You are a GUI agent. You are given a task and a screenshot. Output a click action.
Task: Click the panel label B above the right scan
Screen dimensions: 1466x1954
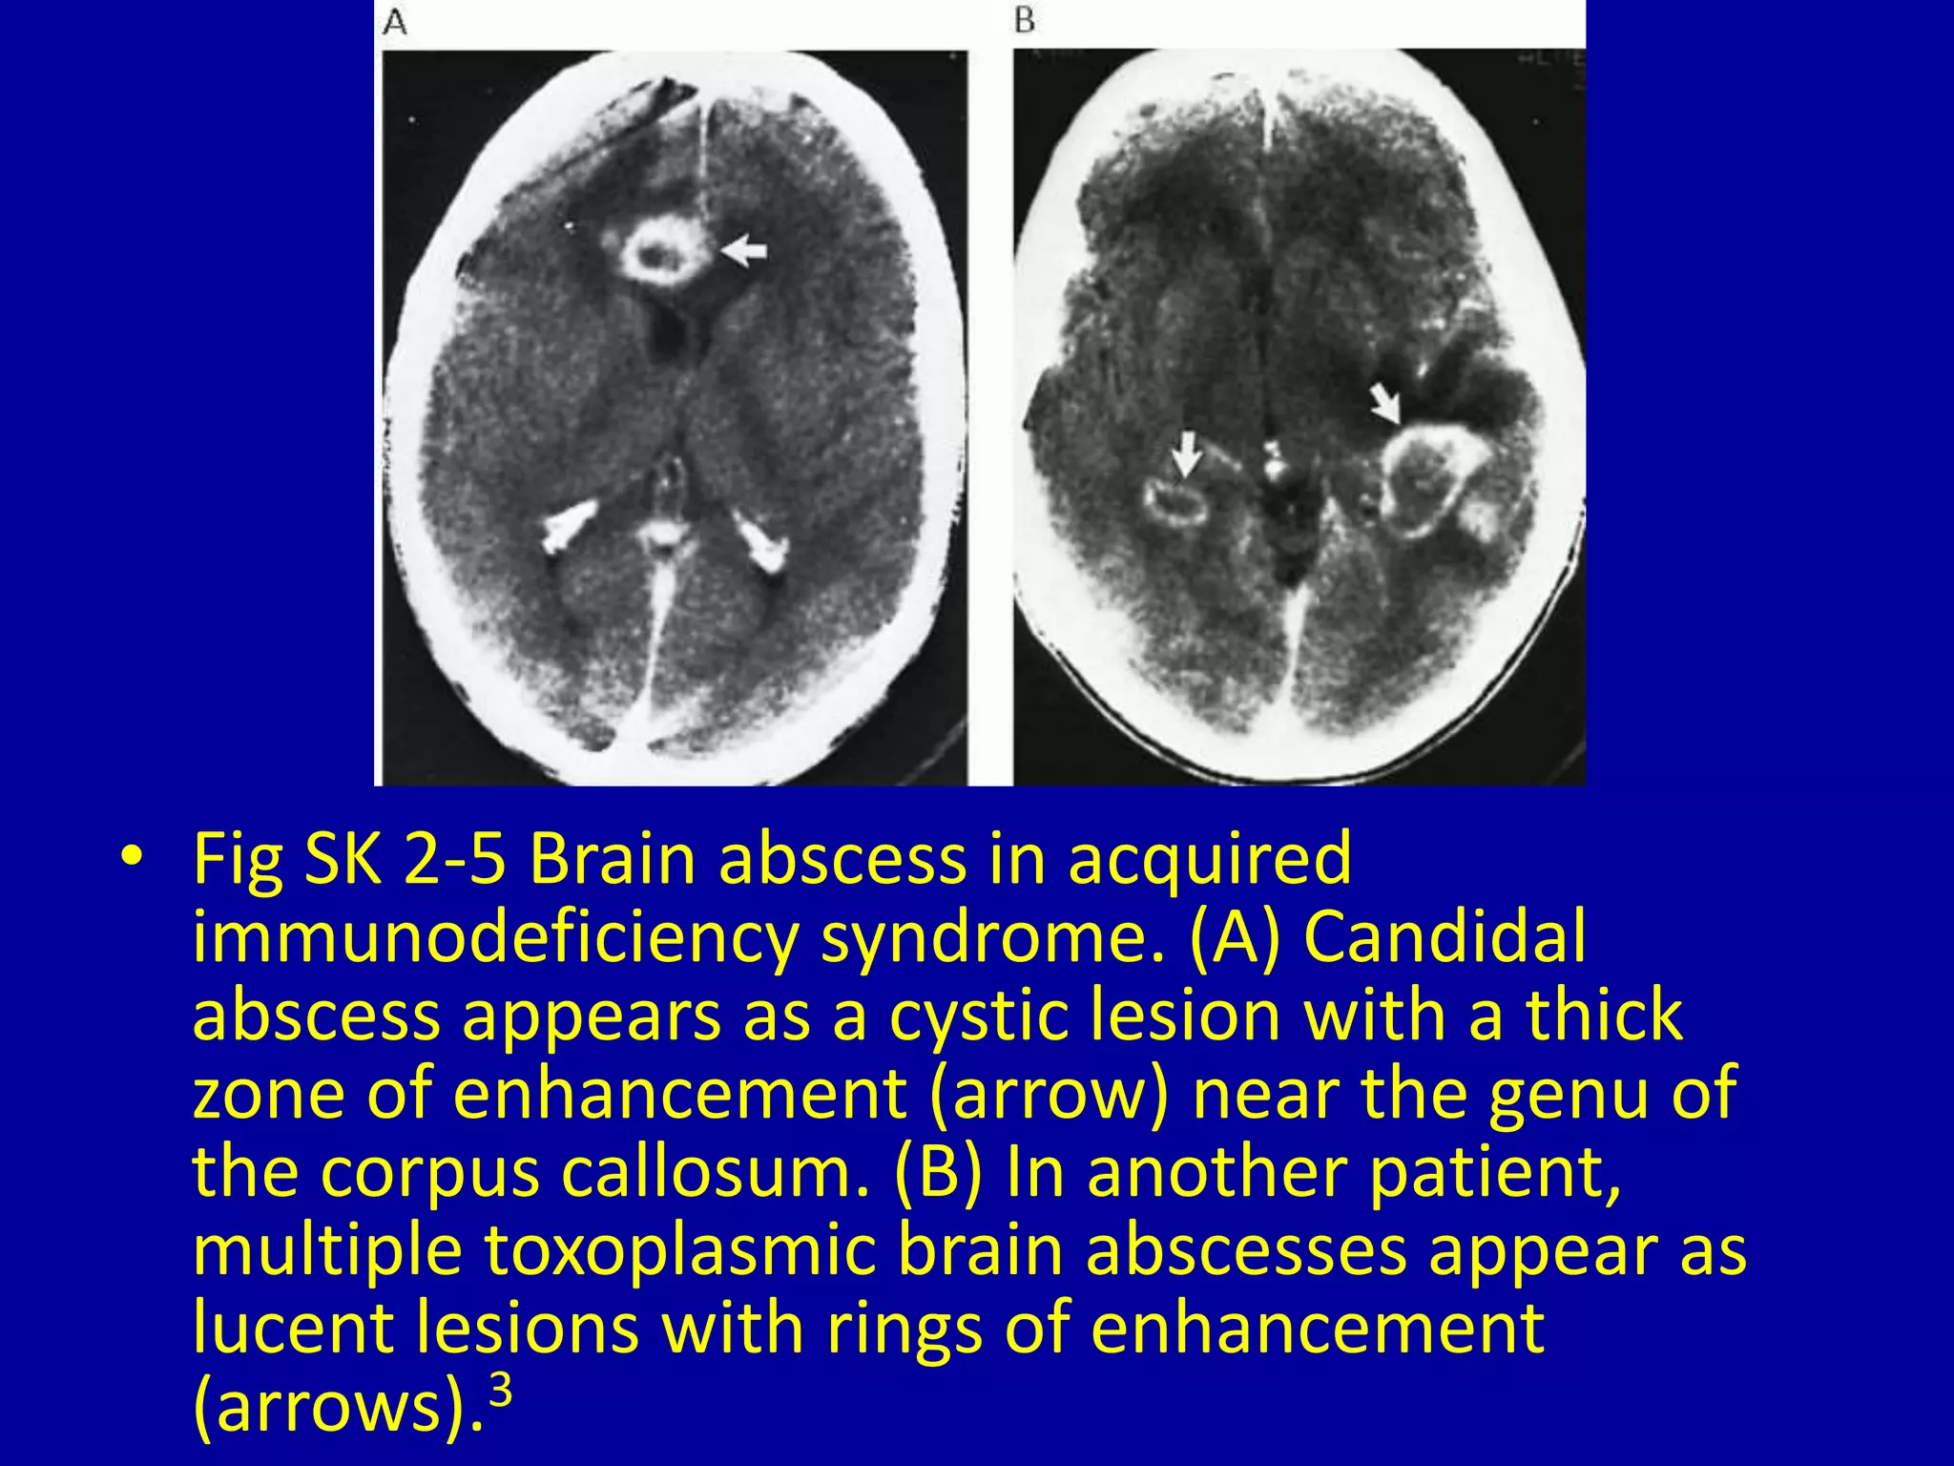coord(1025,20)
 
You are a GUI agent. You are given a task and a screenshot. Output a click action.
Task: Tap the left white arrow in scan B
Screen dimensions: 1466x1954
coord(1186,453)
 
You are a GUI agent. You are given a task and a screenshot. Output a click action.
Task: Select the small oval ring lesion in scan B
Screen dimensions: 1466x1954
coord(1176,502)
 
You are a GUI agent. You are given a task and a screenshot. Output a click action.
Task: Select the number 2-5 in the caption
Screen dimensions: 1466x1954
coord(453,858)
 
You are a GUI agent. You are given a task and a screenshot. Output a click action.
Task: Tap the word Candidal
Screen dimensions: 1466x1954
coord(1445,937)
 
